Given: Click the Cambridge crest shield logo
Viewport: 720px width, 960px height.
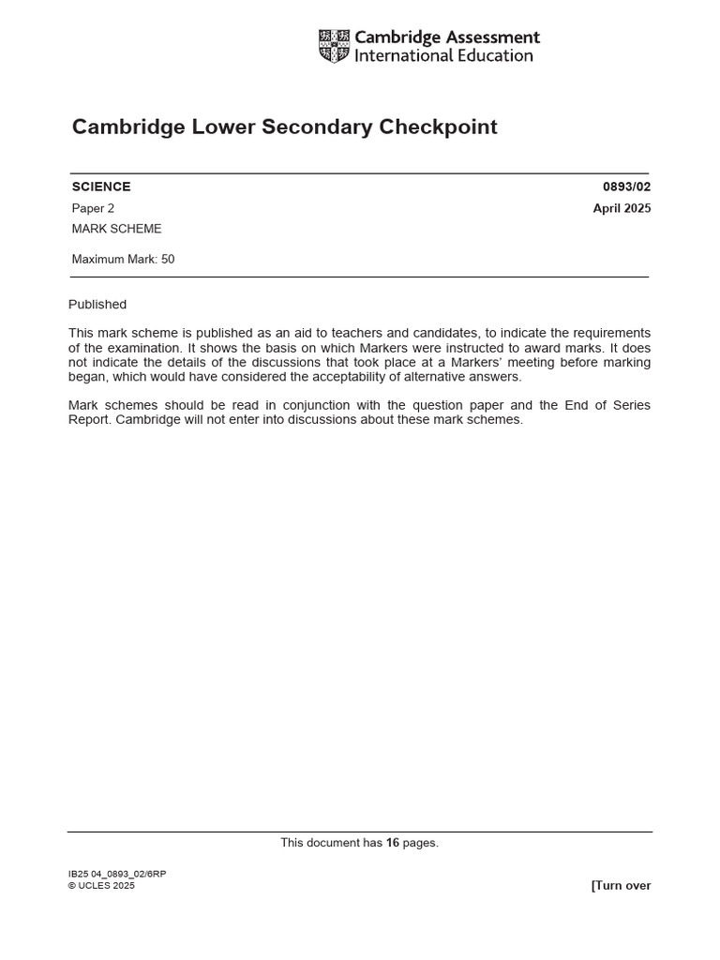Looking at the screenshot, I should [333, 46].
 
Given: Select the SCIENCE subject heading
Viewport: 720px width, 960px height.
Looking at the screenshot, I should [101, 187].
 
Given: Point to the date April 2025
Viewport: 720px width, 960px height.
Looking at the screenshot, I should [622, 208].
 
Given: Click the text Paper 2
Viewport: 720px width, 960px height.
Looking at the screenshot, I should [93, 208].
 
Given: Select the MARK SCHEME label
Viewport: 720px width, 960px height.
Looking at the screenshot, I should [116, 229].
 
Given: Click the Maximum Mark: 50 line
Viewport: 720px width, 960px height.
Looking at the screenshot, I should [123, 260].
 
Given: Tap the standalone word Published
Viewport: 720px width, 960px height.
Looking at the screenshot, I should [97, 305].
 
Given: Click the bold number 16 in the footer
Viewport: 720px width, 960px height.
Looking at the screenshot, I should [393, 843].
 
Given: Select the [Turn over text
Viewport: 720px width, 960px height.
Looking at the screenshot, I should [621, 886].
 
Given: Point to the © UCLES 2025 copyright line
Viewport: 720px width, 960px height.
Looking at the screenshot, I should [101, 886].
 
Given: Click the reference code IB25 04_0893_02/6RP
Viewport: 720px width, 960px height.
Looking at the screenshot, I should [117, 874].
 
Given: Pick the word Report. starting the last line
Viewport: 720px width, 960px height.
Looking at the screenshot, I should [89, 420].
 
